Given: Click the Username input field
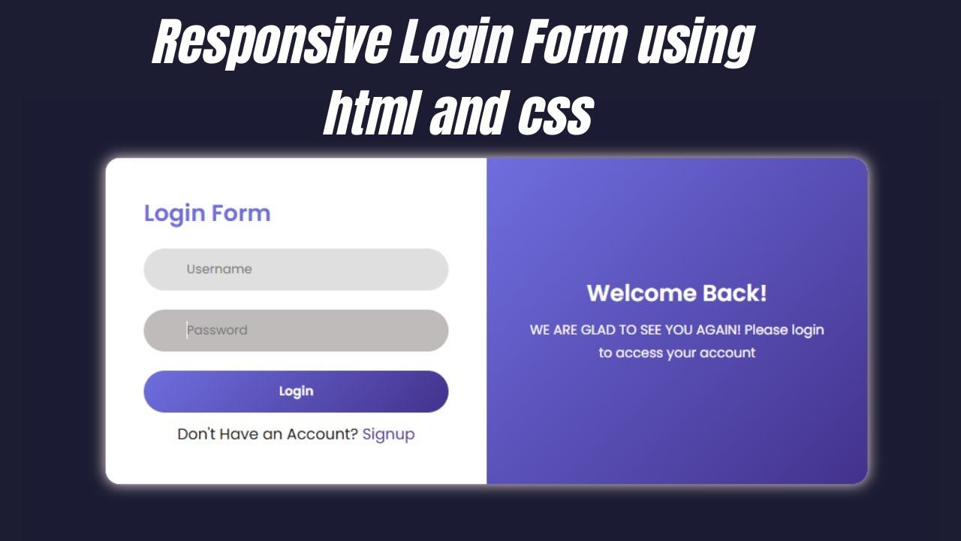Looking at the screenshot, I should (296, 269).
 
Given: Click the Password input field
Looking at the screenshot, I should (296, 331).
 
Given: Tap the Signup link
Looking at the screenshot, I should (388, 434).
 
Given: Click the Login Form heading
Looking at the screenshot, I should (207, 213).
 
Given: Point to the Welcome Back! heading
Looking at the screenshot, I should (676, 293).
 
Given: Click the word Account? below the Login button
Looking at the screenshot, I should (321, 434).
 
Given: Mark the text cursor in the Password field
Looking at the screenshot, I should (187, 331).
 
